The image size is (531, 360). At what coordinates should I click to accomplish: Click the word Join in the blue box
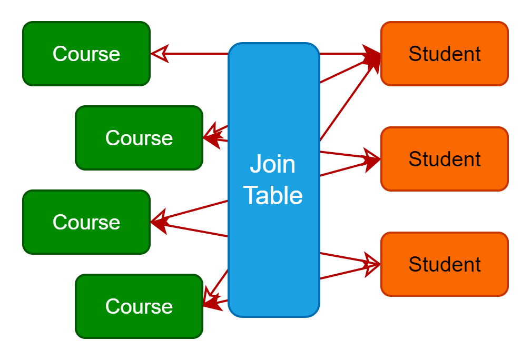(272, 164)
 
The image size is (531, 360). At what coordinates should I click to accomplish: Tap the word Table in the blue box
(272, 195)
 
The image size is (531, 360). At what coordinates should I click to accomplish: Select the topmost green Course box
(86, 54)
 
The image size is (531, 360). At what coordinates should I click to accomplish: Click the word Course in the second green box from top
(139, 138)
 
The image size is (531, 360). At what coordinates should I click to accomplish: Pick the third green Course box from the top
(86, 222)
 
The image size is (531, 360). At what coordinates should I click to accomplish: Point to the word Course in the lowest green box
(139, 306)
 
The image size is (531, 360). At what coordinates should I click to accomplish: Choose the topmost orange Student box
(444, 54)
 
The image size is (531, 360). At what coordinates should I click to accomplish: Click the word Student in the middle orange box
(444, 159)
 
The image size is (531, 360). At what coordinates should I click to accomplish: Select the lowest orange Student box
(444, 264)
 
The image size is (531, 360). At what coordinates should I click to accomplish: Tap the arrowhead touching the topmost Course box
(159, 54)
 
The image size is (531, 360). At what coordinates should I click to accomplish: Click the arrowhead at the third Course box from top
(159, 222)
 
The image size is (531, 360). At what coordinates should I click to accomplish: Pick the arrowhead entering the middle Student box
(372, 159)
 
